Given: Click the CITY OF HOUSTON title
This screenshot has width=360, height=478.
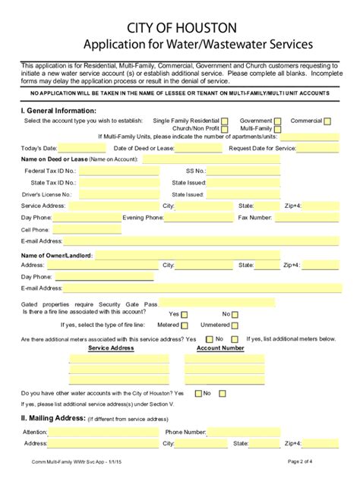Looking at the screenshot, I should pyautogui.click(x=179, y=27).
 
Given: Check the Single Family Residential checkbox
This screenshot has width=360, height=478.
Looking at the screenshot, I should pyautogui.click(x=225, y=121).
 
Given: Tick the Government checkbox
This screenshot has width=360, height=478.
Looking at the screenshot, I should pyautogui.click(x=278, y=121).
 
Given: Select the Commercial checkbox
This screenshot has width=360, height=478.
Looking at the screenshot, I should pyautogui.click(x=327, y=121).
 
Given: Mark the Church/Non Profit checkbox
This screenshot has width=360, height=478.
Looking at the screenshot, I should pyautogui.click(x=225, y=129).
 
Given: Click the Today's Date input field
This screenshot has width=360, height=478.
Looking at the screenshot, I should pyautogui.click(x=82, y=148).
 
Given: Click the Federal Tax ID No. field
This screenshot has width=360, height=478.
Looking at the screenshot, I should pyautogui.click(x=118, y=171).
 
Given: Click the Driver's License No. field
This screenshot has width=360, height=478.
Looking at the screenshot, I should pyautogui.click(x=118, y=194).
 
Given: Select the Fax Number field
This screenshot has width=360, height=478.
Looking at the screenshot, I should pyautogui.click(x=312, y=218).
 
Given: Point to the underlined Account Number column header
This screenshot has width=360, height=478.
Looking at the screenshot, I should pyautogui.click(x=220, y=347).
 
